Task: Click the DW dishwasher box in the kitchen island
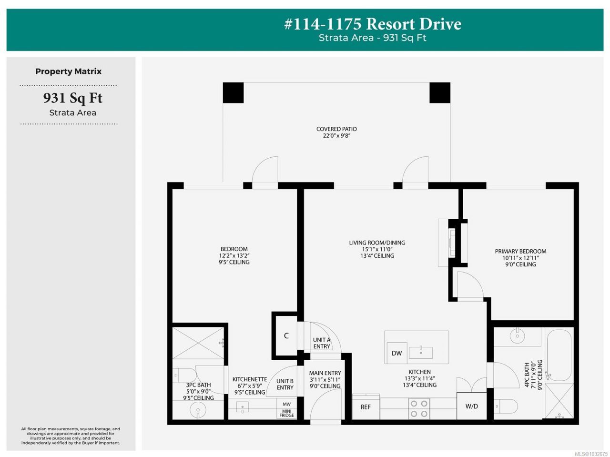coord(397,353)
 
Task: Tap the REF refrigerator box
coord(366,407)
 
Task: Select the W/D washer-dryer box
coord(472,406)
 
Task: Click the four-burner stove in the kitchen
coord(419,408)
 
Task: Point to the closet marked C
coord(286,335)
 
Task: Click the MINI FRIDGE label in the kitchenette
coord(286,413)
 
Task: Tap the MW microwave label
coord(286,404)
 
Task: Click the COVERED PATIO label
coord(336,129)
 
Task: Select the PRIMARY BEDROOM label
coord(520,251)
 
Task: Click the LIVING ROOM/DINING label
coord(377,243)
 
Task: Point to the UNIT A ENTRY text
coord(322,343)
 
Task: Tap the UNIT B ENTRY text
coord(285,384)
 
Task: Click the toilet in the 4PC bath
coord(506,406)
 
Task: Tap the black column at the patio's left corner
coord(233,93)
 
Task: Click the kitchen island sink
coord(421,353)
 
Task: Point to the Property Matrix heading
coord(68,71)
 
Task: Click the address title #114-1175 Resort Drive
coord(373,24)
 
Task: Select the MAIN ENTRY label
coord(325,373)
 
